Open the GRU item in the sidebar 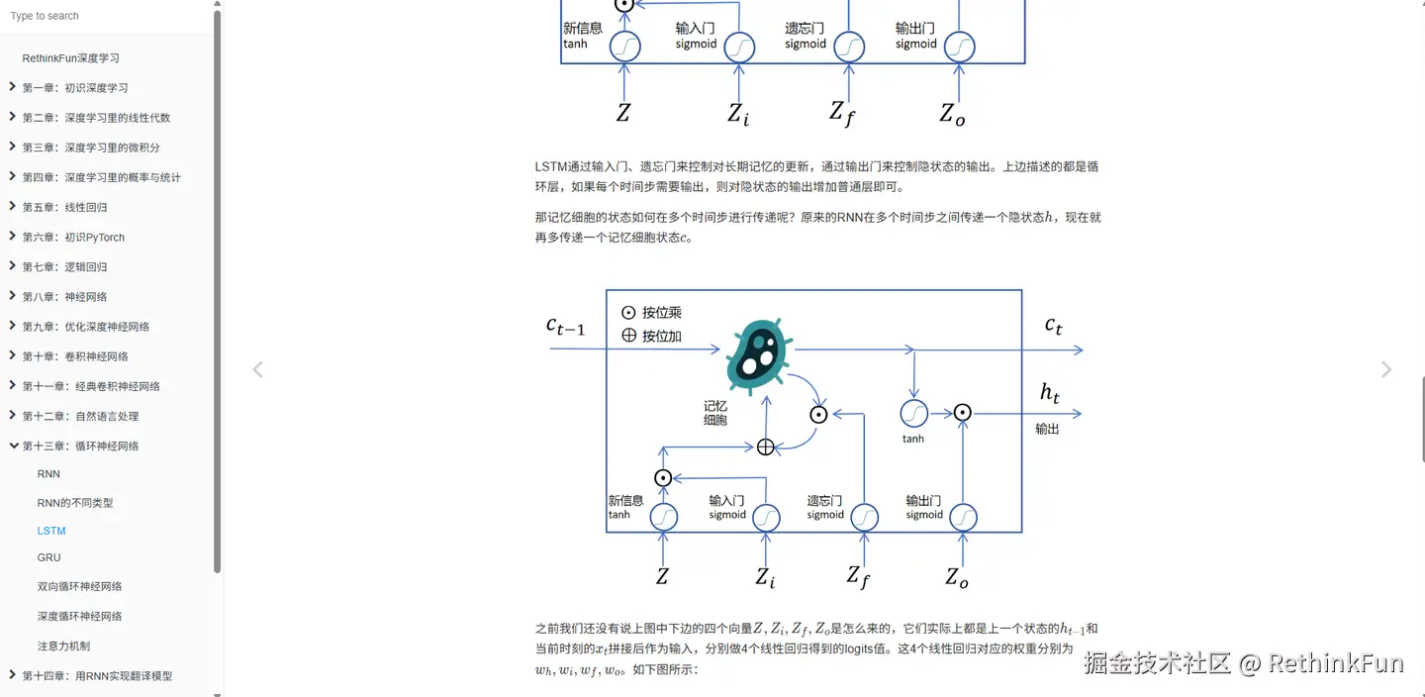(x=49, y=558)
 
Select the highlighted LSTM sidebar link (x=51, y=531)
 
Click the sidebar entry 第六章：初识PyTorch (x=74, y=238)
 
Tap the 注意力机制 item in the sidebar (x=63, y=647)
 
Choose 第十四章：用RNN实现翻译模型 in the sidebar (x=97, y=676)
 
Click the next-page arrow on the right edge (x=1385, y=370)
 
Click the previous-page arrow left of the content (x=257, y=370)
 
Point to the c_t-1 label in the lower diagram (x=565, y=326)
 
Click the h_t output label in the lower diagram (x=1050, y=393)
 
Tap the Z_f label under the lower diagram (x=857, y=576)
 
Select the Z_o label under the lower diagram (x=955, y=577)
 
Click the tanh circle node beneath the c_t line (x=913, y=413)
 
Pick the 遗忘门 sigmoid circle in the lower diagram (x=864, y=517)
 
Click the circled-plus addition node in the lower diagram (x=765, y=448)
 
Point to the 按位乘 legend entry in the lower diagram (x=651, y=313)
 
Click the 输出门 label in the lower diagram (x=923, y=501)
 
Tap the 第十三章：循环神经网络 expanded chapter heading (x=81, y=447)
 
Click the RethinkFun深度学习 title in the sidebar (x=71, y=58)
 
